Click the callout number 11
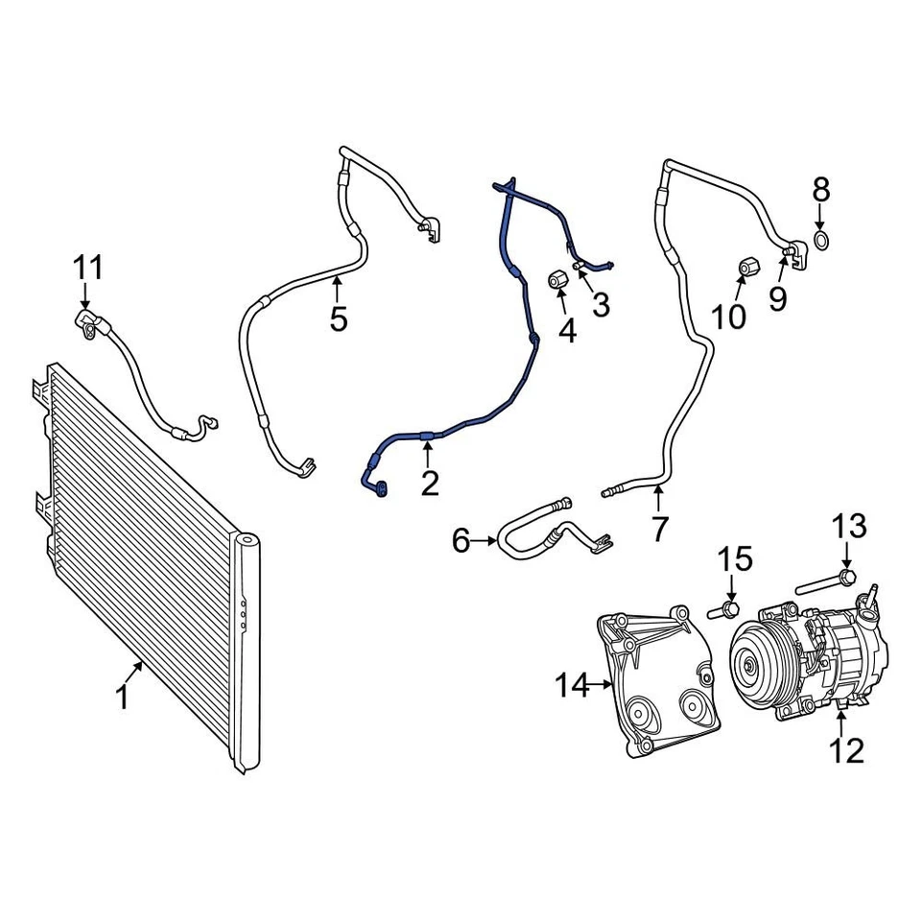pyautogui.click(x=88, y=267)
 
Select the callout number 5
pyautogui.click(x=339, y=318)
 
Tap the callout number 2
pyautogui.click(x=429, y=483)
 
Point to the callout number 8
pyautogui.click(x=821, y=188)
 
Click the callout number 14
pyautogui.click(x=575, y=685)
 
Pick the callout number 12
pyautogui.click(x=847, y=749)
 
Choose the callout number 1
pyautogui.click(x=123, y=698)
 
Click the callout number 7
pyautogui.click(x=659, y=528)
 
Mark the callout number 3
pyautogui.click(x=601, y=305)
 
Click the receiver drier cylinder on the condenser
pyautogui.click(x=248, y=652)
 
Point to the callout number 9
pyautogui.click(x=778, y=298)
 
